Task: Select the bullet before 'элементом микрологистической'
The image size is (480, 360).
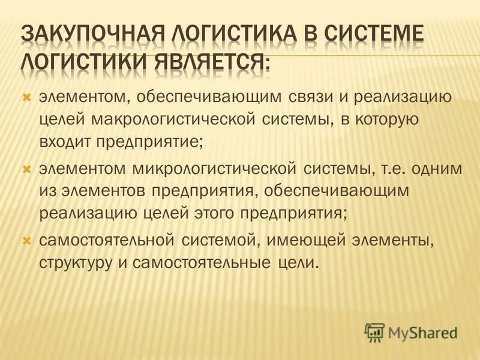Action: (x=26, y=169)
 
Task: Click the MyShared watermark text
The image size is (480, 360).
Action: (x=422, y=331)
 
